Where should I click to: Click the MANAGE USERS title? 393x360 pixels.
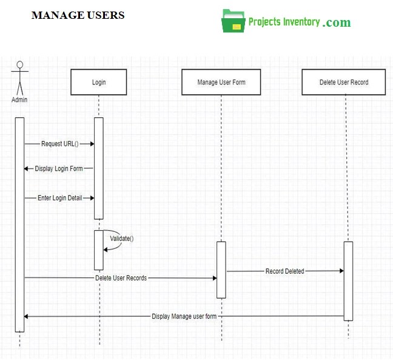pos(78,15)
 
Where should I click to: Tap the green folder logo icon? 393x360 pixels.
pos(233,21)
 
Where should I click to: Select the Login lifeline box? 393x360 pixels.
pos(99,82)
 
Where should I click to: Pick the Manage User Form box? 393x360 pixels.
pos(221,82)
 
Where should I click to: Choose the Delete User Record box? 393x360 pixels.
pos(344,82)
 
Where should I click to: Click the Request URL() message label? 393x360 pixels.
pos(59,144)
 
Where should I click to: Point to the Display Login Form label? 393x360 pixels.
pos(59,168)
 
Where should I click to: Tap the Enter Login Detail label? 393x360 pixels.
pos(59,198)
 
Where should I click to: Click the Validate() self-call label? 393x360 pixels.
pos(121,239)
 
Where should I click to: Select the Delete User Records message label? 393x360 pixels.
pos(121,278)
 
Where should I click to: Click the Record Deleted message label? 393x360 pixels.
pos(284,271)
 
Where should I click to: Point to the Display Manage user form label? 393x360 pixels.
pos(184,316)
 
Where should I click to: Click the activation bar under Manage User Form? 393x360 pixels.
pos(221,270)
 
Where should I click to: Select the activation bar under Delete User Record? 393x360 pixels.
pos(348,280)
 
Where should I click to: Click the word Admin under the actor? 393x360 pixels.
pos(19,100)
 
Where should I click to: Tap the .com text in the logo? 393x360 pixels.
pos(337,22)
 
